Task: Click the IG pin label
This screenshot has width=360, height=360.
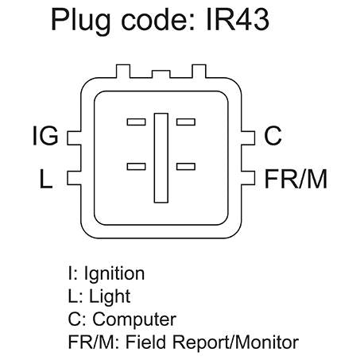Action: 45,136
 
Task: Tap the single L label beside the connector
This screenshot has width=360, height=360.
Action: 46,179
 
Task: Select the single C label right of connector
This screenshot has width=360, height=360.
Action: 273,136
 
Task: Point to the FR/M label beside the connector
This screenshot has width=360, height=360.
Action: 296,179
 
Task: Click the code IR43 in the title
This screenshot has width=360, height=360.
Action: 238,19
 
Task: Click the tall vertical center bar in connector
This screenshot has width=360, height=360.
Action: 161,158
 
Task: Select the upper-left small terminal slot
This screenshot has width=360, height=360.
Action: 136,122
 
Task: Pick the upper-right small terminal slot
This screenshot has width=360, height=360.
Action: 186,122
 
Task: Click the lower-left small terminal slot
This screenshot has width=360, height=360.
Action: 136,166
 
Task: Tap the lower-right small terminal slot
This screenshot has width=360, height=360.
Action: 186,166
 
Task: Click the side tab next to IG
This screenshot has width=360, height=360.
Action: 74,138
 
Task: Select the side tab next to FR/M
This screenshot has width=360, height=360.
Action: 248,178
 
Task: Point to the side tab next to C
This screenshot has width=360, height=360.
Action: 248,138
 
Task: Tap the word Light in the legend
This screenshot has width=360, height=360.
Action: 110,296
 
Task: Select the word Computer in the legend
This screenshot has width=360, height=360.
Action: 134,319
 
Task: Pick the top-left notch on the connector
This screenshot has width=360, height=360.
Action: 123,71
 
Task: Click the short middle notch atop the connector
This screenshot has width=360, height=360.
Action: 161,74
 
